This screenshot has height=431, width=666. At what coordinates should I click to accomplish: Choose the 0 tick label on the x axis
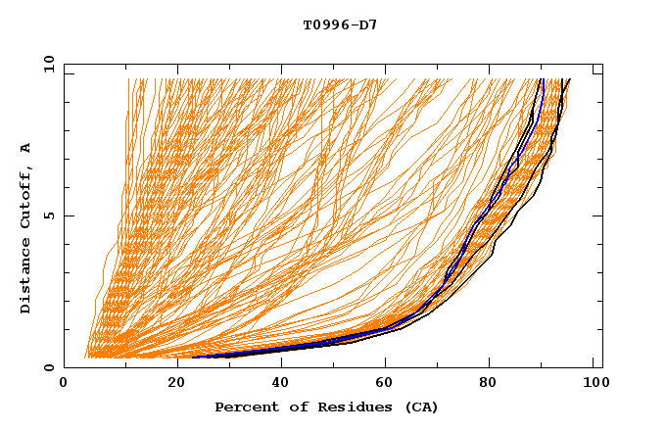coord(64,384)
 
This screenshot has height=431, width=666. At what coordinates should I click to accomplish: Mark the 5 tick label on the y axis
coord(48,215)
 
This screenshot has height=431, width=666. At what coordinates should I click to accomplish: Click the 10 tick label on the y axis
coord(44,64)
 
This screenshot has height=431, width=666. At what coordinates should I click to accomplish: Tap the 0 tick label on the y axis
coord(48,367)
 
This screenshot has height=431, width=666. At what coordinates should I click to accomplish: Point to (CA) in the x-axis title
coord(419,407)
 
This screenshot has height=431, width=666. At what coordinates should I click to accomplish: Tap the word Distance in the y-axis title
coord(25,278)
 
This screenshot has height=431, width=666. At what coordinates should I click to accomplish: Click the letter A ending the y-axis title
coord(25,147)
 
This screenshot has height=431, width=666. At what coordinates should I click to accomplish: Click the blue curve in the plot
coord(540,98)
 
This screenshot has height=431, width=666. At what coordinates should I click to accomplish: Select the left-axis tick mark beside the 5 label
coord(68,215)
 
